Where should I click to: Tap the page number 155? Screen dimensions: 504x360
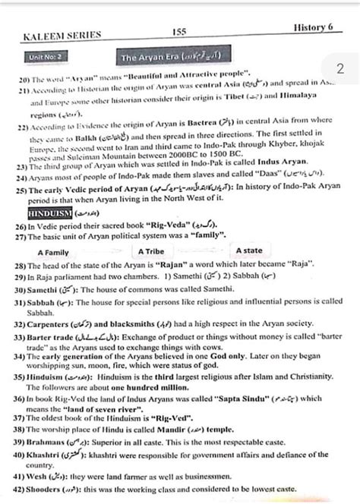180,32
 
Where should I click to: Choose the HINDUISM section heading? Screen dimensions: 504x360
49,215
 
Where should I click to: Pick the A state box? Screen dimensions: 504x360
248,250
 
